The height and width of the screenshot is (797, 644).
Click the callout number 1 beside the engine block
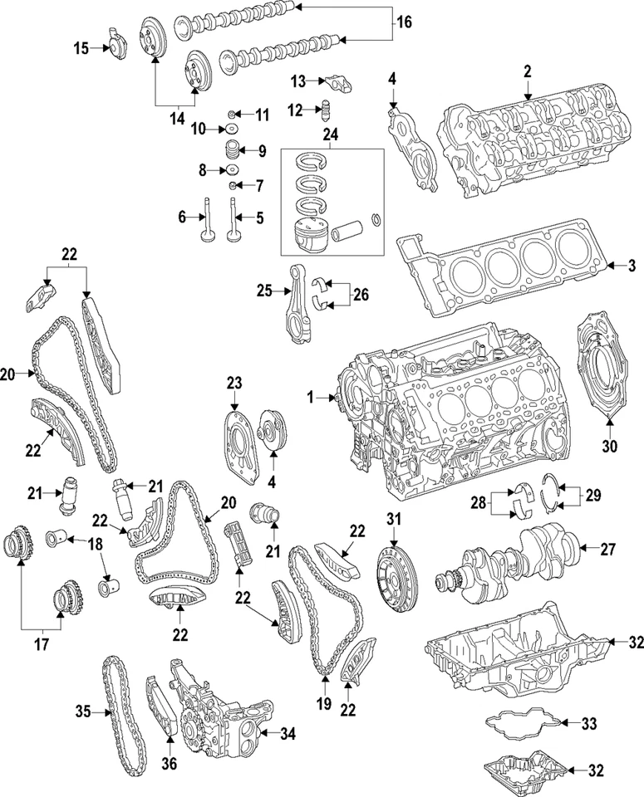point(312,398)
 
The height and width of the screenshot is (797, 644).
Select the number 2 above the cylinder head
point(527,73)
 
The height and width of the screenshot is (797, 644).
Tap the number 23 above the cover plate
point(234,382)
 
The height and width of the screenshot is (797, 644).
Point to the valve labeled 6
point(205,221)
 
